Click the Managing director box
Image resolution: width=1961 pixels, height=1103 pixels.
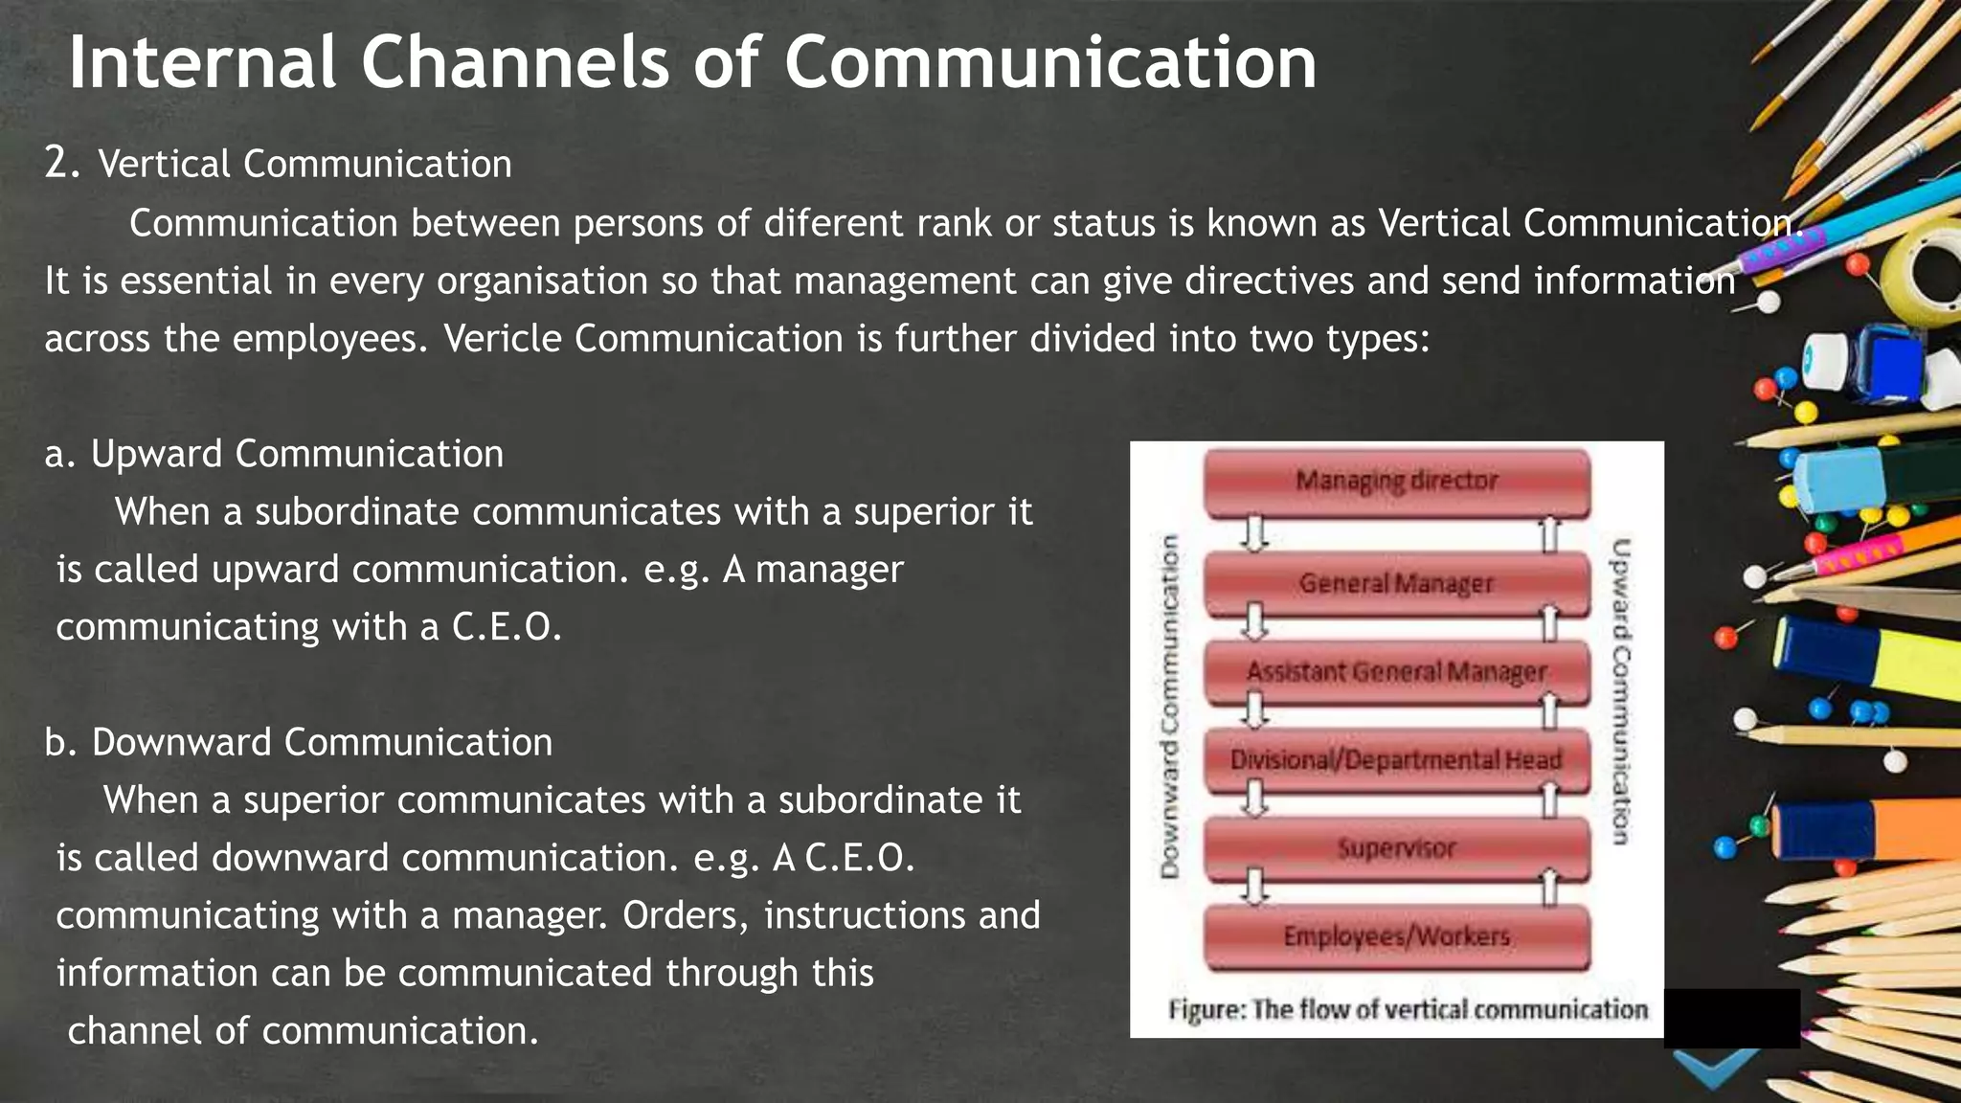tap(1396, 482)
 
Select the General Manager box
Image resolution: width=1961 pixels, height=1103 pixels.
tap(1396, 583)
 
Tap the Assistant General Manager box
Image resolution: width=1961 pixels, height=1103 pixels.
tap(1396, 672)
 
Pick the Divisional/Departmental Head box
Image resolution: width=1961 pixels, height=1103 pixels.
tap(1396, 760)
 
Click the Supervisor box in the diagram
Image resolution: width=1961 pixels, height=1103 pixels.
tap(1396, 848)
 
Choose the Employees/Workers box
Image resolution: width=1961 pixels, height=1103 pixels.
tap(1396, 936)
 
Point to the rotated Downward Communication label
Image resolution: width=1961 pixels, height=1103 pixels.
tap(1169, 707)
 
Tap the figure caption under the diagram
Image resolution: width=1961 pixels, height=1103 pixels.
tap(1408, 1010)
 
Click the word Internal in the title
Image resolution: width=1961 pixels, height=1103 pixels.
tap(202, 62)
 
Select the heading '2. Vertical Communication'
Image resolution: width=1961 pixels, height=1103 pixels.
tap(279, 164)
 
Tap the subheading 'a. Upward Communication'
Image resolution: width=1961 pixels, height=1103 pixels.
tap(274, 454)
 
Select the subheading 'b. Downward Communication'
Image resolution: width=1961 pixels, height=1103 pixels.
tap(299, 743)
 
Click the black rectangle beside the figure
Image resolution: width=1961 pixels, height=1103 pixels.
tap(1732, 1019)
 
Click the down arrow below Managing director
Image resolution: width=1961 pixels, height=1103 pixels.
tap(1254, 534)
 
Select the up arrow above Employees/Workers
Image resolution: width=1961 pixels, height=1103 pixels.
tap(1550, 889)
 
